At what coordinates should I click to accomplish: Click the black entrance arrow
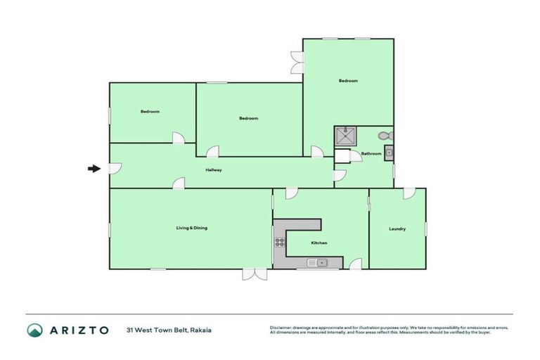tap(93, 168)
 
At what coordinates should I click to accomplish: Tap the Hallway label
tap(214, 170)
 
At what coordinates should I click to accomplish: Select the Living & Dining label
tap(191, 228)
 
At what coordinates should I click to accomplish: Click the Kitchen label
tap(319, 243)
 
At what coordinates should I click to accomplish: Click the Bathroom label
tap(371, 153)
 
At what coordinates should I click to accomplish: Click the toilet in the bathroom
tap(384, 136)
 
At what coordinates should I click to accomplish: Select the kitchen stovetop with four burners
tap(279, 243)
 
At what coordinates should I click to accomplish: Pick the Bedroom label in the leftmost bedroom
tap(150, 112)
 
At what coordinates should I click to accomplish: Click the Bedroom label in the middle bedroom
tap(249, 118)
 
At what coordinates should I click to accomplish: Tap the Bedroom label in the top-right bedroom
tap(348, 81)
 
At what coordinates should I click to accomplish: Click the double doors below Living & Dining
tap(255, 274)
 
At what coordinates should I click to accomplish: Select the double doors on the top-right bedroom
tap(297, 62)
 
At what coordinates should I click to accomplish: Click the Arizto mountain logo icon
tap(34, 330)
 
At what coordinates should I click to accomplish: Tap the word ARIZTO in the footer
tap(79, 330)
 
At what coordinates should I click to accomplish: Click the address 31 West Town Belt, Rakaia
tap(169, 330)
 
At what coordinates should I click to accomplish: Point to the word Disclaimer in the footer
tap(282, 328)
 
